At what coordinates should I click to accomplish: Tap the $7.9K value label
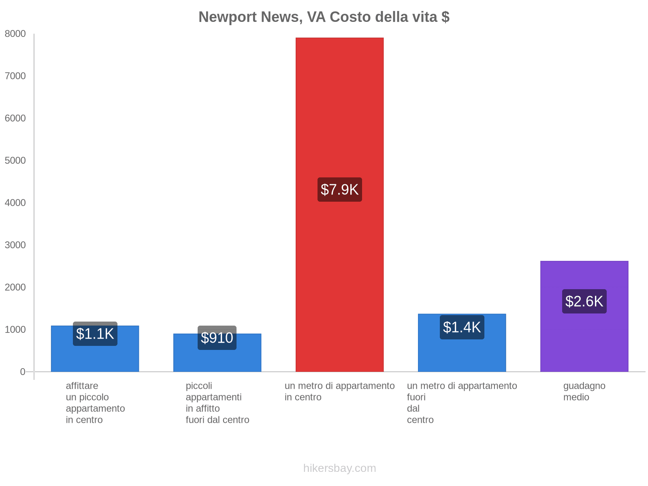[x=339, y=190]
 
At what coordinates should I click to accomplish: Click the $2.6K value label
[x=584, y=301]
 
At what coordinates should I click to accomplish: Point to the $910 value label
[x=217, y=338]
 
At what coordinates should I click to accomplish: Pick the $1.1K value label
[x=95, y=334]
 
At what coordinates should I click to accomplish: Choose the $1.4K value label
[x=462, y=327]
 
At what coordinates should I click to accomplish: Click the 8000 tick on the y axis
[x=15, y=34]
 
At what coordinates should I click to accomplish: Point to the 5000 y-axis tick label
[x=15, y=161]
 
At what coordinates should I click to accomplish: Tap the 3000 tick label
[x=15, y=245]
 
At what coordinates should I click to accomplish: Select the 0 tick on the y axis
[x=23, y=372]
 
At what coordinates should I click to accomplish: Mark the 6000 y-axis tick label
[x=15, y=118]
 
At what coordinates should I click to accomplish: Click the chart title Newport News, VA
[x=324, y=17]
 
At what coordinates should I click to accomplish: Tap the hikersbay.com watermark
[x=339, y=468]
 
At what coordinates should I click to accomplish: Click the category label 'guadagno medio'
[x=584, y=392]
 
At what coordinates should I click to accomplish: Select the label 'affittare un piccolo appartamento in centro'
[x=95, y=403]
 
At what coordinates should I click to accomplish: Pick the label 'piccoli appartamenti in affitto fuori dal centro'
[x=217, y=403]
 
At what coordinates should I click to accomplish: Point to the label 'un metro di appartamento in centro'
[x=339, y=392]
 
